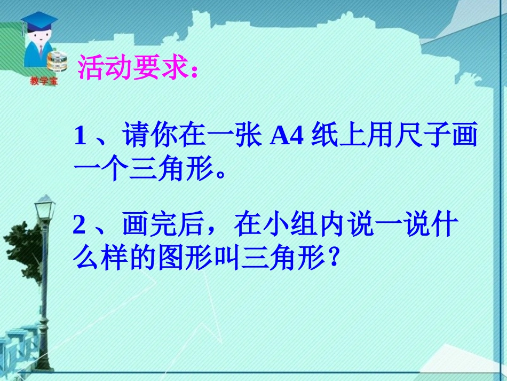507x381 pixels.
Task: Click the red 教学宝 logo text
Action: pyautogui.click(x=44, y=81)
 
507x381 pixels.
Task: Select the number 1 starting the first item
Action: pyautogui.click(x=80, y=137)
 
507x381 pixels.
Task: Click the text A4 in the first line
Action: pyautogui.click(x=287, y=137)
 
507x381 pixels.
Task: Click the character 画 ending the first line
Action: pyautogui.click(x=463, y=137)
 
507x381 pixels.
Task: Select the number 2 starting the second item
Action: pyautogui.click(x=80, y=226)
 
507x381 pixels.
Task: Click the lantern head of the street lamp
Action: pyautogui.click(x=45, y=206)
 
